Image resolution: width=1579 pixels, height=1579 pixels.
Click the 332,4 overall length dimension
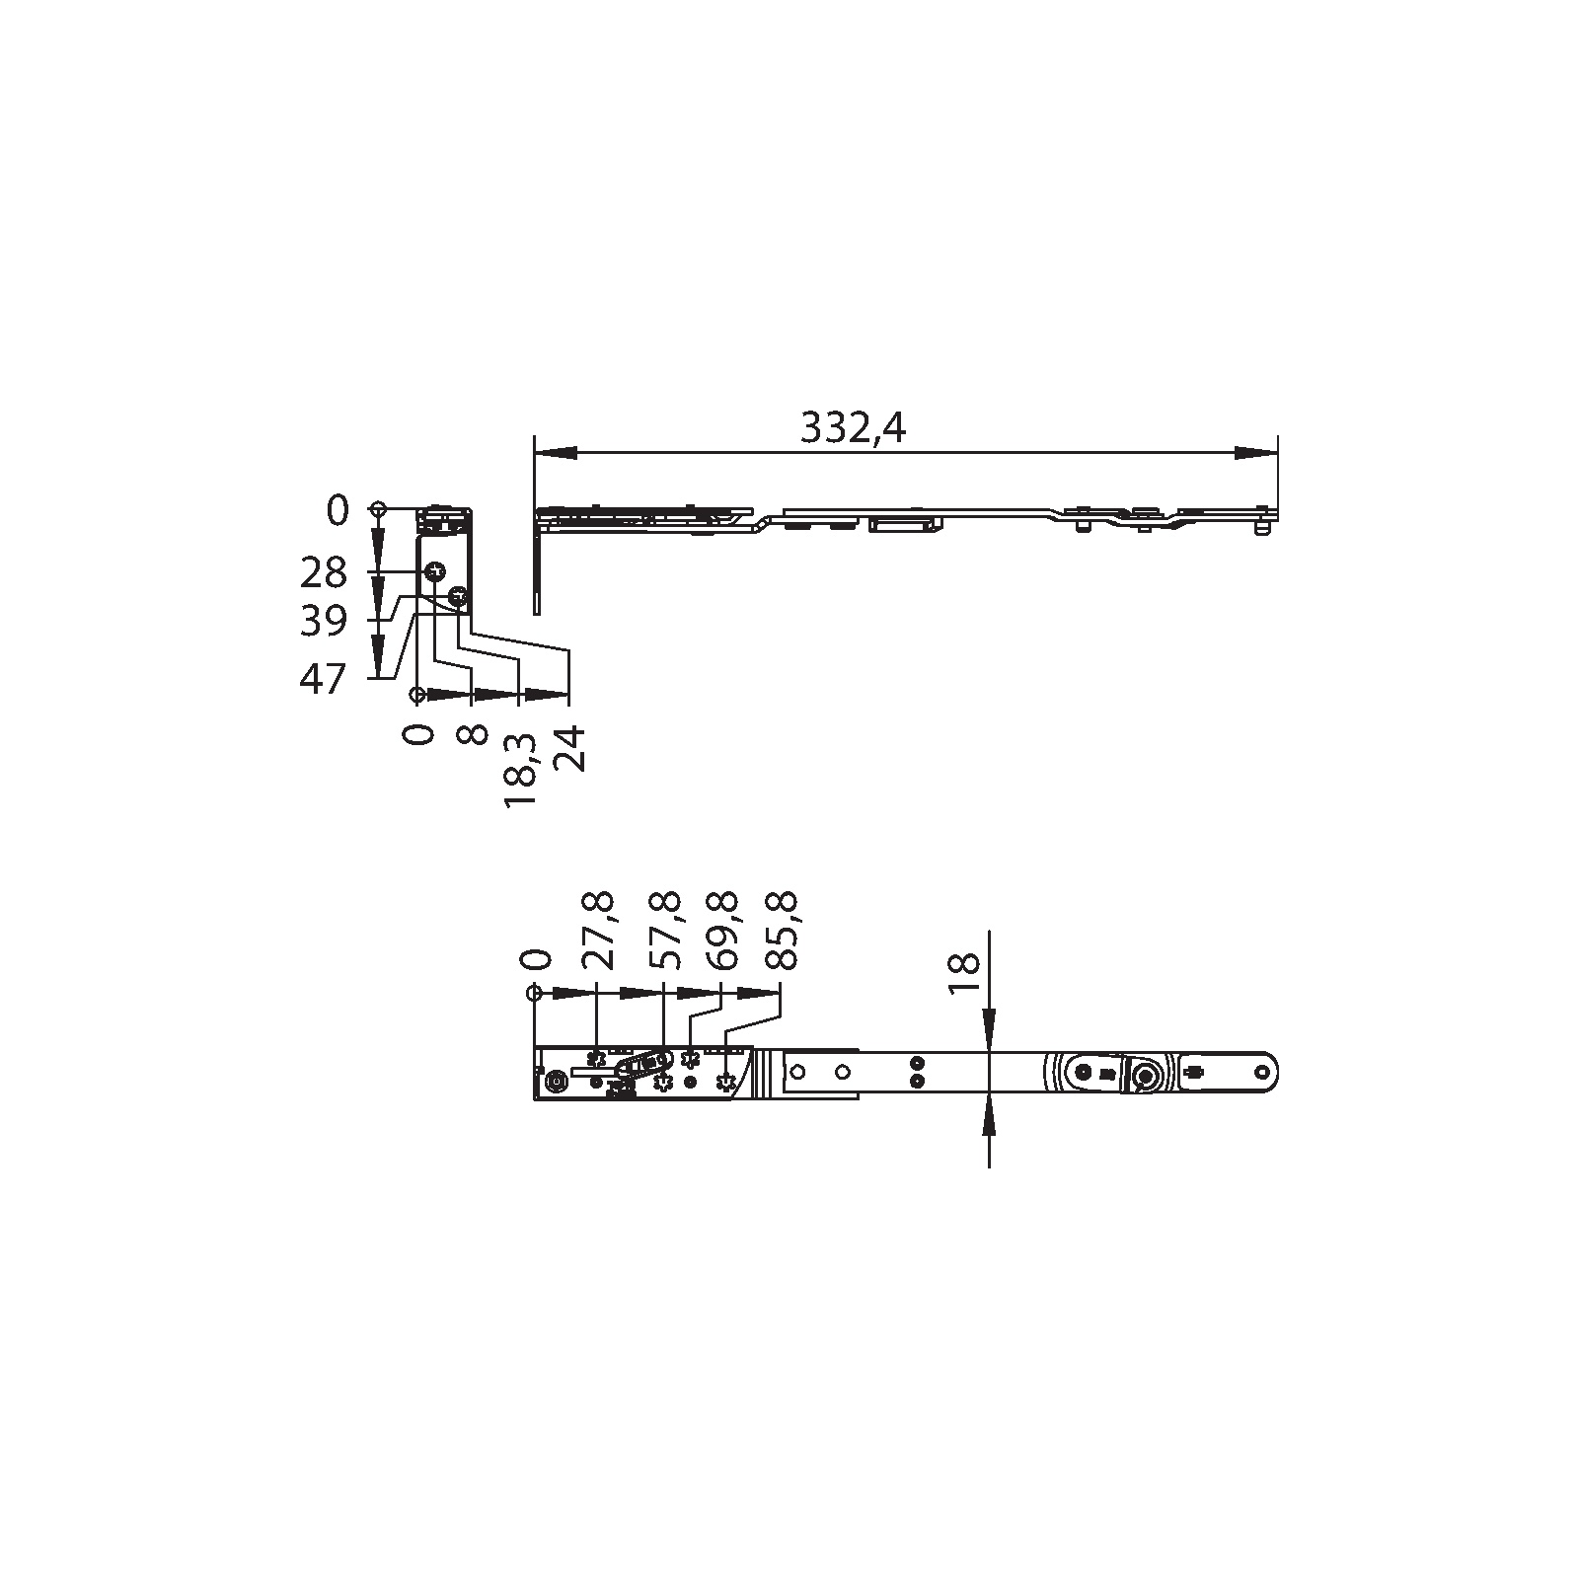click(x=852, y=428)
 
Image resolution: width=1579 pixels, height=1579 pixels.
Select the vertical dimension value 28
click(x=324, y=572)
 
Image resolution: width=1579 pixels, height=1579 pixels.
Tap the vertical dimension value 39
click(x=324, y=621)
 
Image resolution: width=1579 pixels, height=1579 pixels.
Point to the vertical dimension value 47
click(x=324, y=679)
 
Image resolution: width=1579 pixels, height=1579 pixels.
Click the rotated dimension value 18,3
click(x=520, y=771)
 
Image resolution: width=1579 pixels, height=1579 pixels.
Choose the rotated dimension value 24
click(x=569, y=749)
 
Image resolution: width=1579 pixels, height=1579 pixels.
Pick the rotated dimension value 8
click(x=472, y=735)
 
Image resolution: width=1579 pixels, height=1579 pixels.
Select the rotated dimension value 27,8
click(x=599, y=930)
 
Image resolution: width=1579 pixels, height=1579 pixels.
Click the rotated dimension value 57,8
click(x=664, y=930)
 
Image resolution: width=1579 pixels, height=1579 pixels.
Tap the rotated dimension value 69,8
click(x=723, y=930)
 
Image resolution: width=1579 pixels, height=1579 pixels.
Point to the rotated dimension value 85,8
click(x=782, y=930)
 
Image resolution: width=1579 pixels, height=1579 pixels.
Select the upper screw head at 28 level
click(x=435, y=571)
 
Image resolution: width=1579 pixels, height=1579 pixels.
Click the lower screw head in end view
click(x=457, y=596)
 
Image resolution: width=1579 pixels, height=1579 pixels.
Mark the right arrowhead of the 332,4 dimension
click(x=1255, y=452)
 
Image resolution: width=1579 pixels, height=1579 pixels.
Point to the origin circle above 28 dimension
click(x=377, y=509)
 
